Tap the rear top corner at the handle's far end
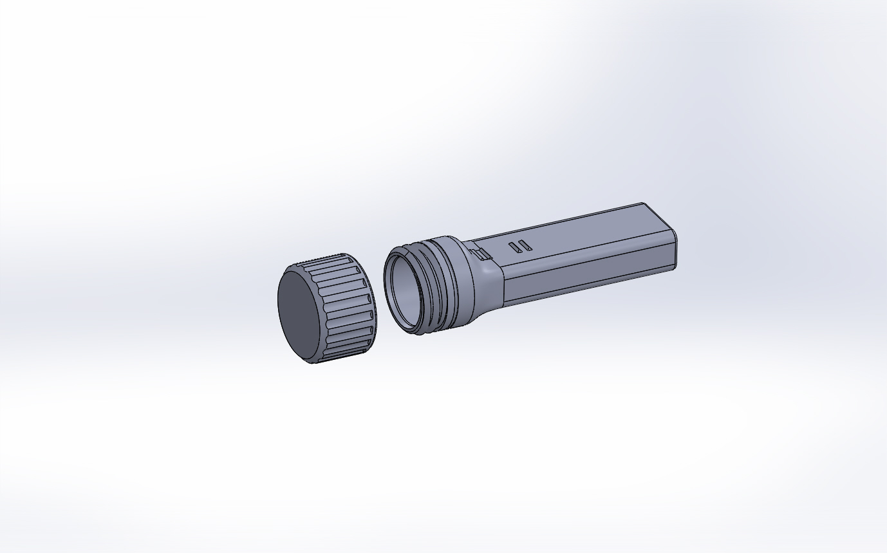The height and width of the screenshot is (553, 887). (644, 204)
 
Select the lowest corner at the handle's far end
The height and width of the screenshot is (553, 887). (675, 267)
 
